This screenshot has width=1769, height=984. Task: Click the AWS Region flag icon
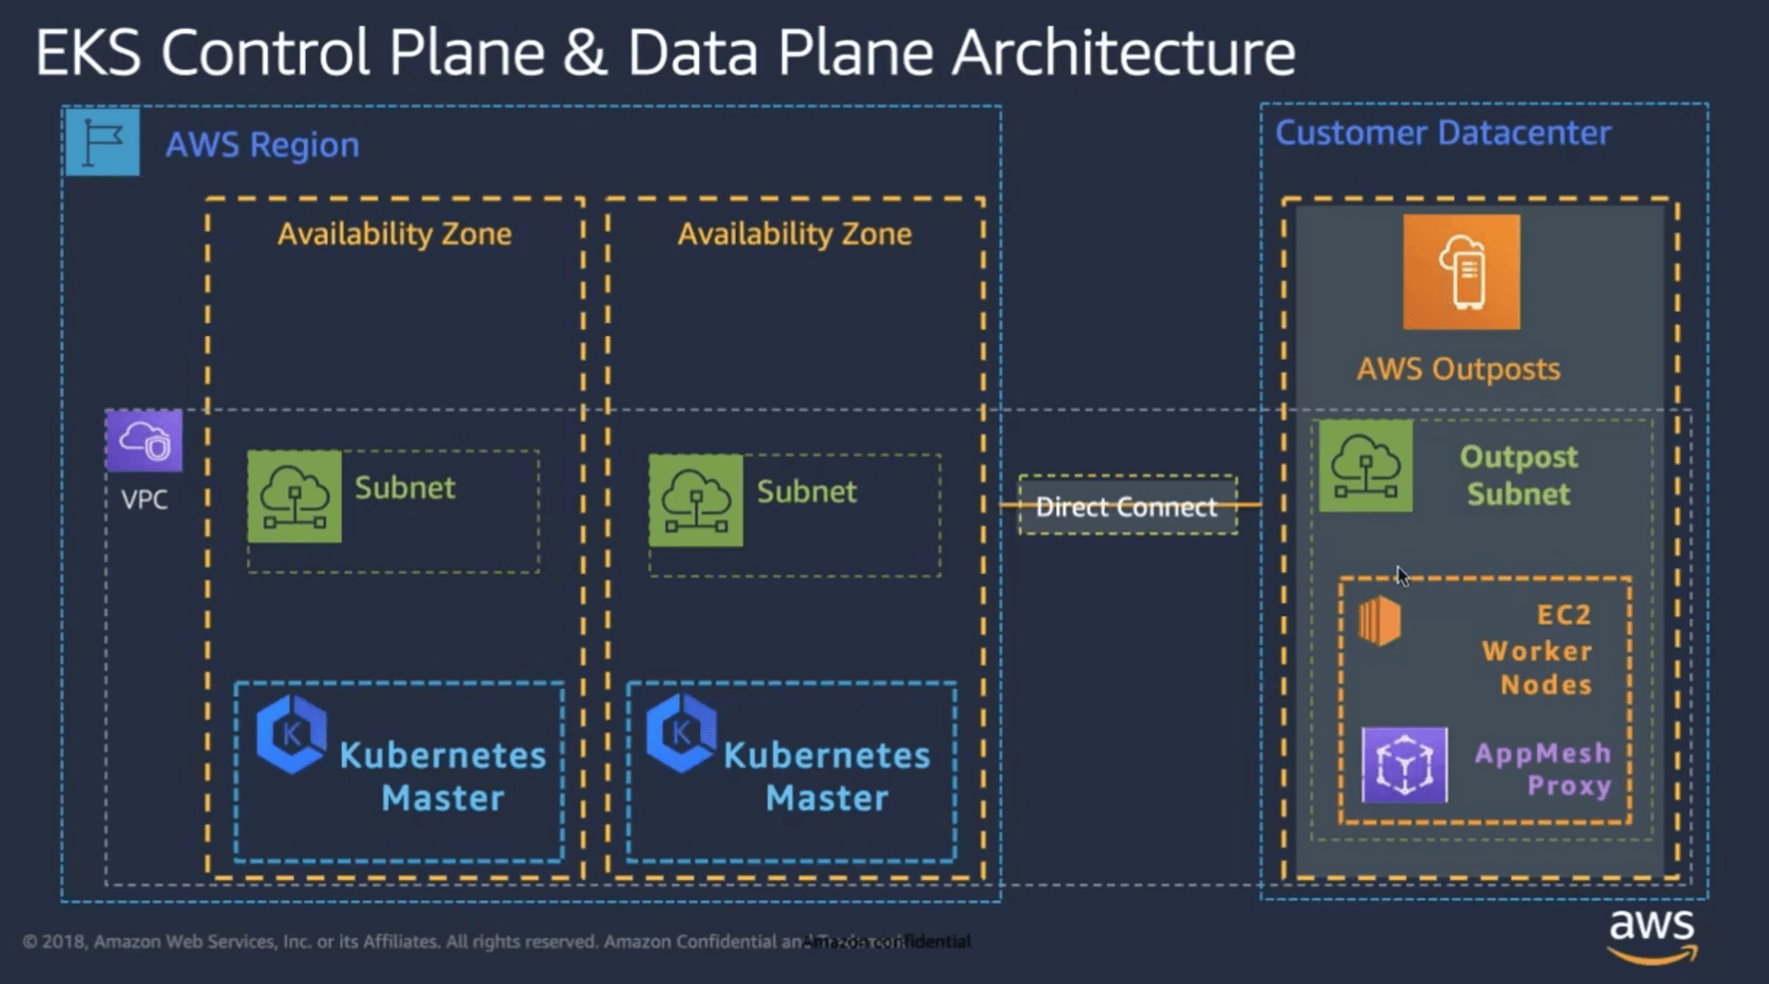102,143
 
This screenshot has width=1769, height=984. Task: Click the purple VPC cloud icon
144,441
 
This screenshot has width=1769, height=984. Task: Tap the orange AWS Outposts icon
1461,272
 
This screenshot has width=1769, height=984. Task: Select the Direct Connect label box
1127,506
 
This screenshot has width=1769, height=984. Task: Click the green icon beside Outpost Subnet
1365,466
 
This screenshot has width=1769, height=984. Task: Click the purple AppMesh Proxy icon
1404,765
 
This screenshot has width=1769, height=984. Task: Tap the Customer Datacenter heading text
1443,134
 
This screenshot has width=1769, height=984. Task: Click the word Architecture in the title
1123,53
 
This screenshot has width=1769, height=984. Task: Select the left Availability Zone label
394,234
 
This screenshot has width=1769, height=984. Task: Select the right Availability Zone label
794,234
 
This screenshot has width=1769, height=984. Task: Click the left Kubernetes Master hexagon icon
291,734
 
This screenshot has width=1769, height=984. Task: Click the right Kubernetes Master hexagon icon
681,734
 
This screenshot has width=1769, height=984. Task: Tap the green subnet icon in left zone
295,497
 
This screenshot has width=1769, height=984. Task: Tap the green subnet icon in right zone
696,500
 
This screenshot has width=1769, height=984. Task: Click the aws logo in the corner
1652,934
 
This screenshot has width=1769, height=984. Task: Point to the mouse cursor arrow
1400,575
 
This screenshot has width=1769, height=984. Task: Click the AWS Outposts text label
1459,369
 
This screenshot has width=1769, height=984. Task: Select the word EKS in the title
88,53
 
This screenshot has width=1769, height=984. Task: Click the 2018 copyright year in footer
62,942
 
